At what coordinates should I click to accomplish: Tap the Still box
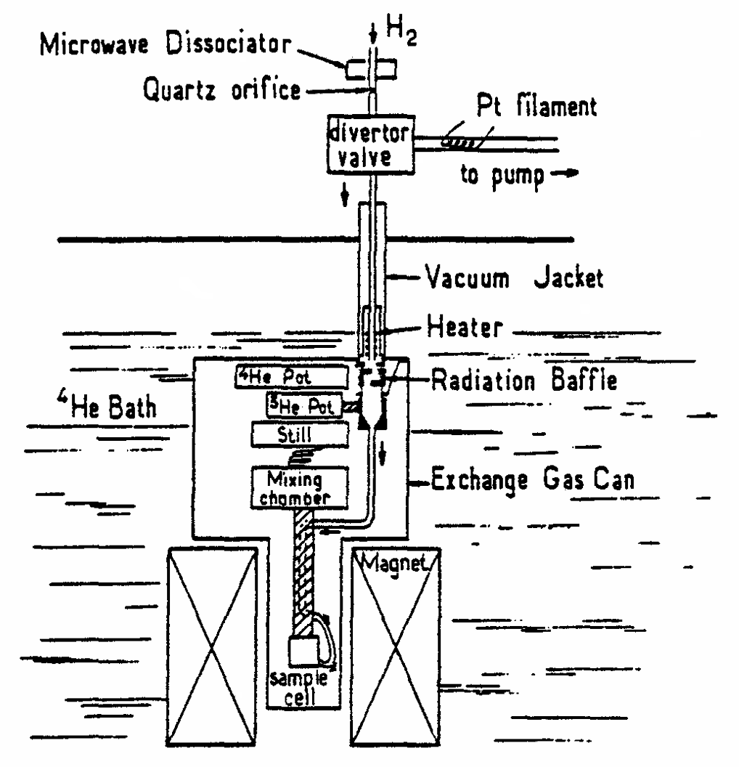click(x=298, y=435)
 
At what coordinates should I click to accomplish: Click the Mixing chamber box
click(x=297, y=487)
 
